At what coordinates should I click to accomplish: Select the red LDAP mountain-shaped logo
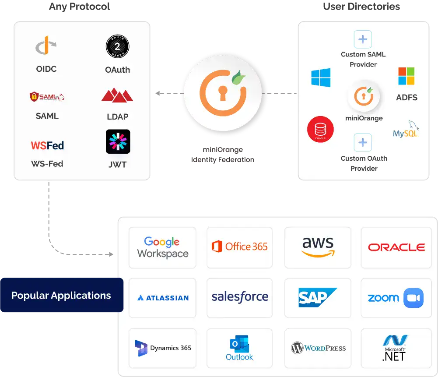click(117, 95)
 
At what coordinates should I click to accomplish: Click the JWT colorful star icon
click(118, 141)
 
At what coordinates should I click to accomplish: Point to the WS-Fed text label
click(47, 164)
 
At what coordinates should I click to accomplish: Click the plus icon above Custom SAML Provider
click(363, 39)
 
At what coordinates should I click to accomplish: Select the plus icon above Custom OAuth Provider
click(363, 143)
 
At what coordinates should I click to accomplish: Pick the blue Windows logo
click(321, 78)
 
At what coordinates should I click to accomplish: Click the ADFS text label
click(406, 97)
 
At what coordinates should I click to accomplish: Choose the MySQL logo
click(406, 130)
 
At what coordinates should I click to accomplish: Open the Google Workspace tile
click(162, 247)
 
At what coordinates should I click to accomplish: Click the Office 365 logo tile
click(239, 247)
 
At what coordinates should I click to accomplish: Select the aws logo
click(318, 247)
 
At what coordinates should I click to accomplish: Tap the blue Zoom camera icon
click(413, 298)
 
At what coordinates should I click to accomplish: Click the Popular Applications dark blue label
click(61, 295)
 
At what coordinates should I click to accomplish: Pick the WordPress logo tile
click(318, 348)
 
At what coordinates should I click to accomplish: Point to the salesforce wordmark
click(240, 297)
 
